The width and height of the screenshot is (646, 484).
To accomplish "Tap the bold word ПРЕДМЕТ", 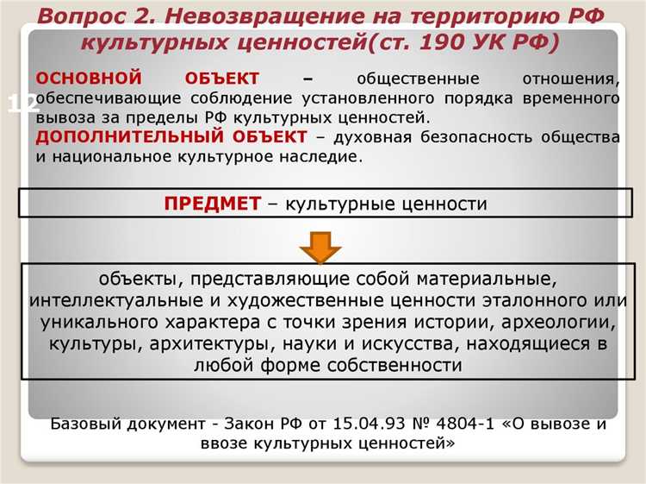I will [212, 204].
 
